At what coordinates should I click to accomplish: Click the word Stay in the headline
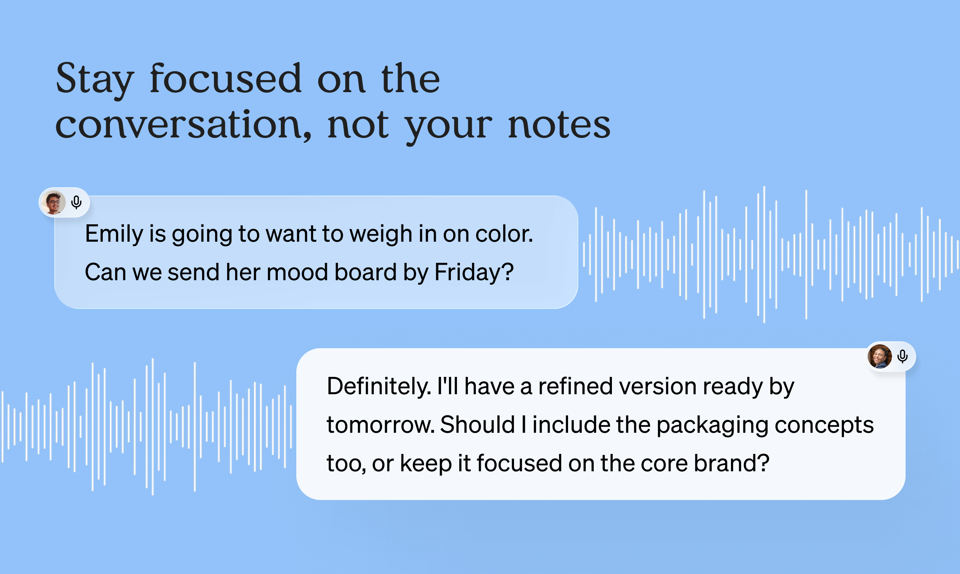click(95, 79)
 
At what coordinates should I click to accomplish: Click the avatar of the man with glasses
click(53, 202)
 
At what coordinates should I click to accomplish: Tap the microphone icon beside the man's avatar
click(77, 202)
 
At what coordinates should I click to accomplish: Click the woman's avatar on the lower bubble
click(880, 356)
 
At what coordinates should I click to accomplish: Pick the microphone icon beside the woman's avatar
click(903, 356)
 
